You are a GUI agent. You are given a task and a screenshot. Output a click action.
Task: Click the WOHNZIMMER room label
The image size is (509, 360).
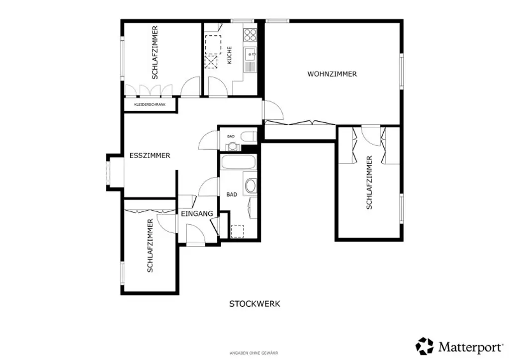click(x=332, y=74)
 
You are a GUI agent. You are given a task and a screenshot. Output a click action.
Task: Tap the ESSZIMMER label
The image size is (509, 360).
click(x=150, y=156)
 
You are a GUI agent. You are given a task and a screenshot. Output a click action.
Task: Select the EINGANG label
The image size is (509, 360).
click(x=197, y=214)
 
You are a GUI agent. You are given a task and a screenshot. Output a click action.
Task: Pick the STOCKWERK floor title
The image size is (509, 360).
click(x=254, y=304)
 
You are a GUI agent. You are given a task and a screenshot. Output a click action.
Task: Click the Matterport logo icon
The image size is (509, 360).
click(x=425, y=346)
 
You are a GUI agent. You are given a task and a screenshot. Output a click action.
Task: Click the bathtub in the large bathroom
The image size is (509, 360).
click(x=238, y=163)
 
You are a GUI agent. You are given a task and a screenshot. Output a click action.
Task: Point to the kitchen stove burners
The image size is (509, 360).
click(x=250, y=35)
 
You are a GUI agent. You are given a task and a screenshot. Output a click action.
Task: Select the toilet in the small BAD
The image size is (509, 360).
click(x=248, y=136)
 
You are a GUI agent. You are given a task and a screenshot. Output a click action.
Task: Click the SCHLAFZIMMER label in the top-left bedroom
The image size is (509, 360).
click(x=155, y=52)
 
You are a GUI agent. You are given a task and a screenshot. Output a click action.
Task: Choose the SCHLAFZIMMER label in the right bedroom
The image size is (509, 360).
click(x=369, y=182)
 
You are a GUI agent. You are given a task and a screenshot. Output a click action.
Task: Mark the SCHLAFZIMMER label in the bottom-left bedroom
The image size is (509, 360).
click(x=150, y=246)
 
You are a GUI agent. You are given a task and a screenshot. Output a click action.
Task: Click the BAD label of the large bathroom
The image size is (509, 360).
click(x=232, y=195)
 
